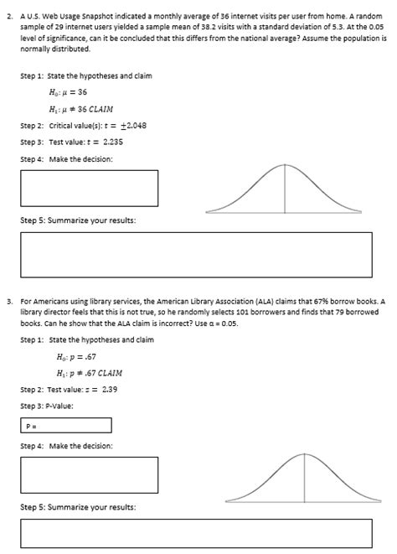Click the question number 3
pos(8,298)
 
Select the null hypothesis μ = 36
pos(73,92)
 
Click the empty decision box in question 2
pos(89,188)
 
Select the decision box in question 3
pos(89,474)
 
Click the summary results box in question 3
pos(195,533)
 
